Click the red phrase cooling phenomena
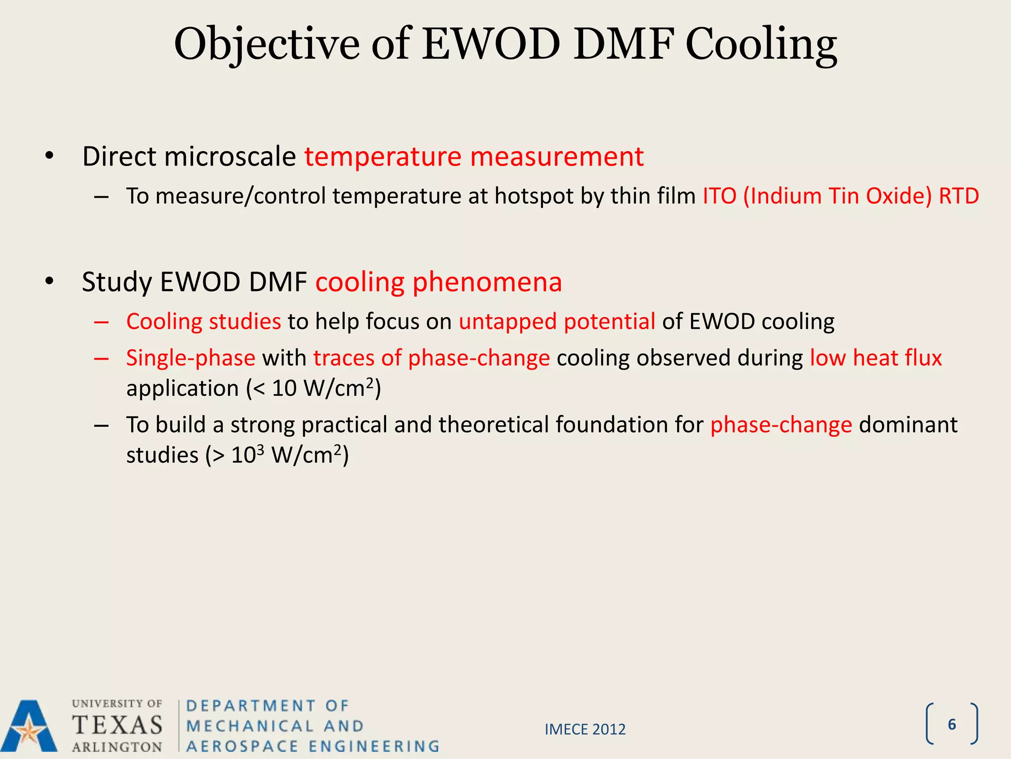click(438, 282)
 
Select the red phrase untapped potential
click(557, 321)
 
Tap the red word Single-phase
click(191, 358)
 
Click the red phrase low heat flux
click(876, 358)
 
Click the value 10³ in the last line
click(247, 455)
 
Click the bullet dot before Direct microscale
click(49, 157)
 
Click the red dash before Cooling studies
click(101, 322)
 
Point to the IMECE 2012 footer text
click(585, 729)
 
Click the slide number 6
click(952, 724)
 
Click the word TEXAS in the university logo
click(117, 725)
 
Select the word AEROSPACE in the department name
click(242, 746)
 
